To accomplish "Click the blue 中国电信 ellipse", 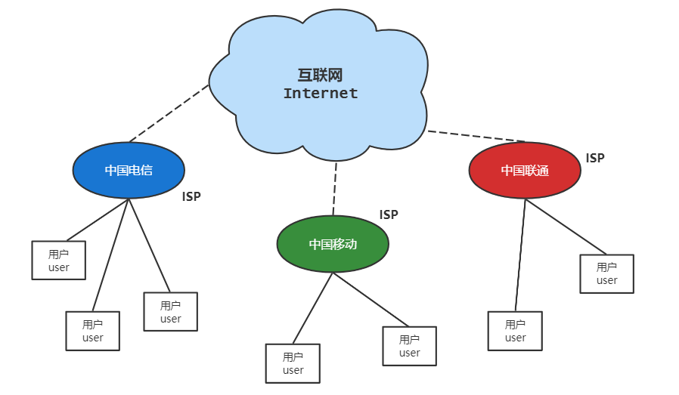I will [x=129, y=171].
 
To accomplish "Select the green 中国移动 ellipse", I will [x=333, y=244].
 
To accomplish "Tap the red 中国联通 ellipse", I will [x=525, y=171].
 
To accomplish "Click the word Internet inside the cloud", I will [x=321, y=94].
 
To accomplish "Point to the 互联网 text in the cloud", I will [x=321, y=75].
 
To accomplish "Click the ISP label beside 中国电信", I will [x=191, y=196].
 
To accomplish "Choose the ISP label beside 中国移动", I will [x=389, y=214].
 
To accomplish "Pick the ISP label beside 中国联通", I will [x=595, y=158].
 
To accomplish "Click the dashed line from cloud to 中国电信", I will [x=169, y=113].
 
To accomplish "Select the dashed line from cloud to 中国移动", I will [x=334, y=189].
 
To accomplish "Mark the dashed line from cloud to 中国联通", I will [x=476, y=136].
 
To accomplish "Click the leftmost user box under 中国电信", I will [x=59, y=261].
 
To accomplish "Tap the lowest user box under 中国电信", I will [x=93, y=331].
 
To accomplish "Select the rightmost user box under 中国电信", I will [x=171, y=312].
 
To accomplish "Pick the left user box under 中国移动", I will [x=293, y=363].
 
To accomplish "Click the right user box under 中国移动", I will [x=409, y=346].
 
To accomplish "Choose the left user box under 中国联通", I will [x=515, y=331].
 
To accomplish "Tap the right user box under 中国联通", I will [x=606, y=273].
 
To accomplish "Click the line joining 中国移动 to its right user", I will [x=371, y=300].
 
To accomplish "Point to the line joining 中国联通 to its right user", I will [x=566, y=227].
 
